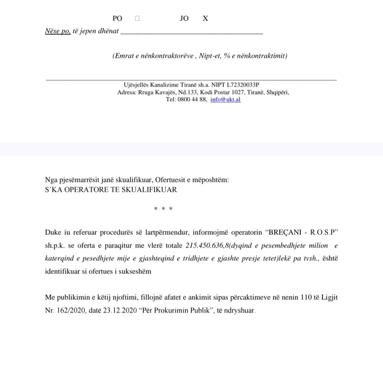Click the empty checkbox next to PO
pyautogui.click(x=137, y=18)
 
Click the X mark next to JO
pyautogui.click(x=205, y=18)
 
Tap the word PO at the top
pyautogui.click(x=117, y=18)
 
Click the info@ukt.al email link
pyautogui.click(x=226, y=100)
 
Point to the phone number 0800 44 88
pyautogui.click(x=193, y=100)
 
